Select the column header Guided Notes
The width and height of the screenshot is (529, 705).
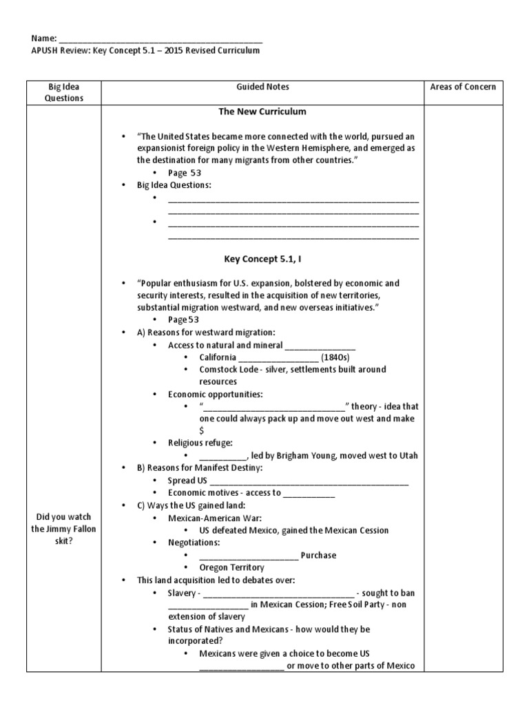pyautogui.click(x=262, y=87)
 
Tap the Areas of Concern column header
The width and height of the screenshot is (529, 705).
pyautogui.click(x=462, y=87)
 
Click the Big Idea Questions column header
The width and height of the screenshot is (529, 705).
pyautogui.click(x=64, y=92)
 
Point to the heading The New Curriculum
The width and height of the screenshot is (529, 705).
pyautogui.click(x=262, y=112)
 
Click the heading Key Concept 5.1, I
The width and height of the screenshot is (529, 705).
pyautogui.click(x=262, y=259)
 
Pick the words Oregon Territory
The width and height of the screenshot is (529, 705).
pyautogui.click(x=231, y=567)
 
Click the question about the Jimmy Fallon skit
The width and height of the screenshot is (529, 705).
pyautogui.click(x=64, y=529)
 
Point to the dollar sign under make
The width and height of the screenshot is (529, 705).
pyautogui.click(x=202, y=430)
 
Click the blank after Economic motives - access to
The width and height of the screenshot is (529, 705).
pyautogui.click(x=309, y=493)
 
